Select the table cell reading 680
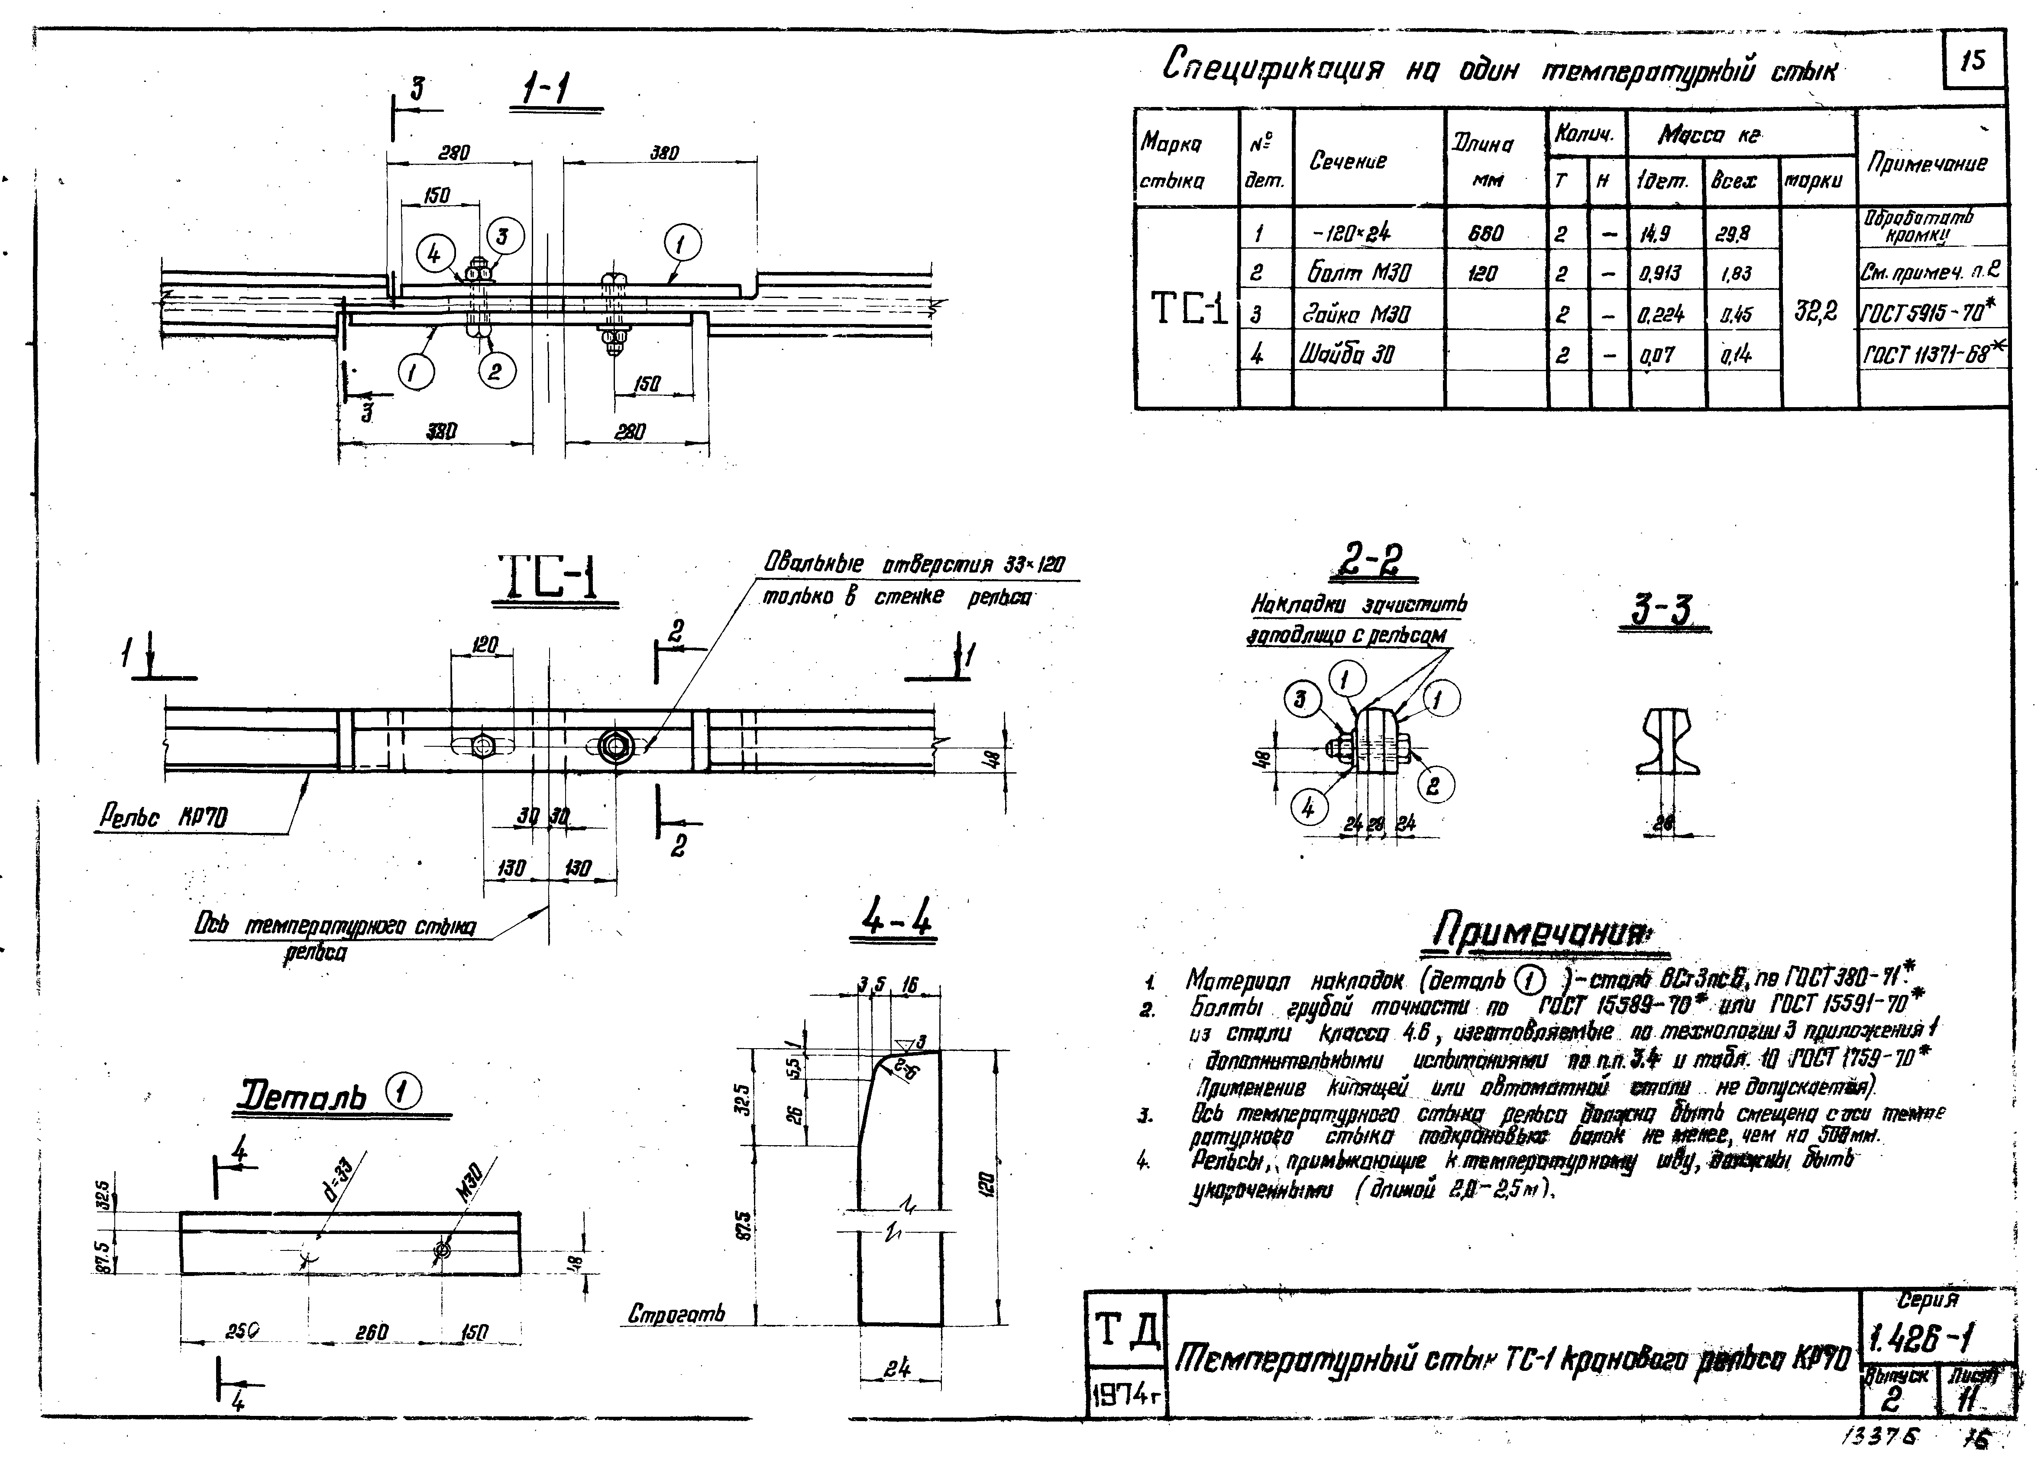pyautogui.click(x=1486, y=233)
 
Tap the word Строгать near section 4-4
pyautogui.click(x=676, y=1315)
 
